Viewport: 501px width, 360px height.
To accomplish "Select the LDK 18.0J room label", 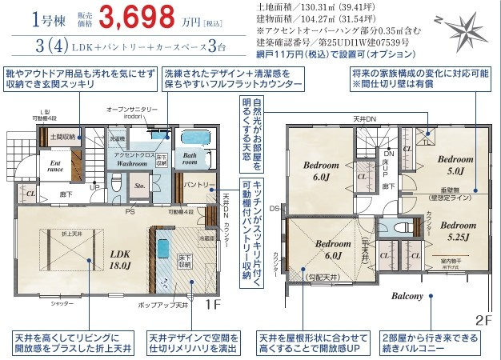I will click(102, 259).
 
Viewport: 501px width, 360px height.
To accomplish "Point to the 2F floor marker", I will click(483, 319).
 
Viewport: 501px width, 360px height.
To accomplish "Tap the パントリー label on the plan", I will click(198, 186).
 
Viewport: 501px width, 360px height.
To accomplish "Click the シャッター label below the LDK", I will click(62, 305).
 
